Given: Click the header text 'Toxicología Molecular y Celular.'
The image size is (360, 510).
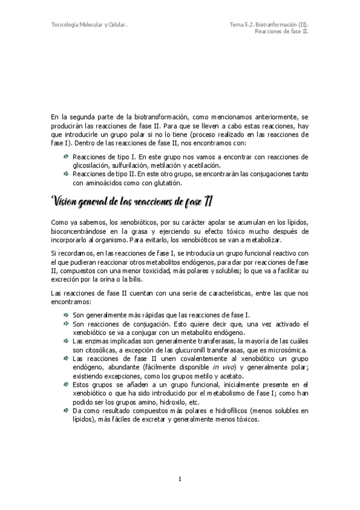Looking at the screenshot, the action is point(89,25).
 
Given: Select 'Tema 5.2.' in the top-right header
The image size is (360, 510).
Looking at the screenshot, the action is point(242,25).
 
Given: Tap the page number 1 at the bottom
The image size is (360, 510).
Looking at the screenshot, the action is point(180,479).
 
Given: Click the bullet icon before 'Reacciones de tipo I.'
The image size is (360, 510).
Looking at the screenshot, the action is point(66,156).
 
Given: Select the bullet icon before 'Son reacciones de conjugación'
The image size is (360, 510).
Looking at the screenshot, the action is point(66,324).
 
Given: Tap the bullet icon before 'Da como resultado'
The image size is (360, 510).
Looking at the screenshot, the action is point(66,411).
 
